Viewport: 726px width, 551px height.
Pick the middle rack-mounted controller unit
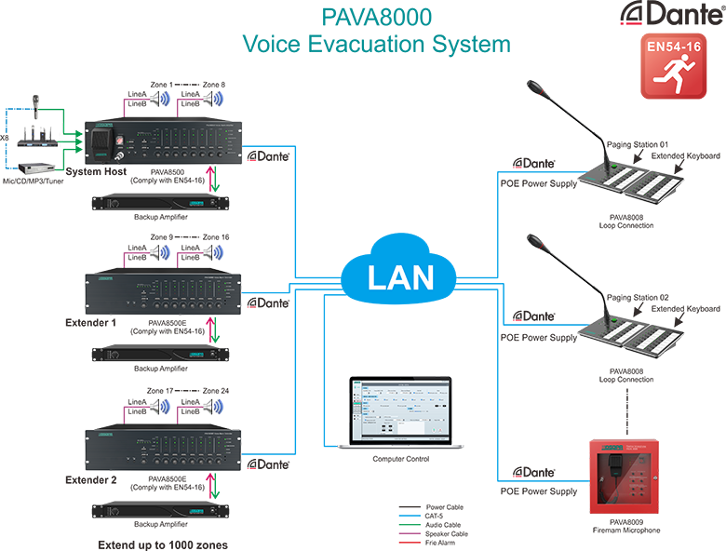[163, 297]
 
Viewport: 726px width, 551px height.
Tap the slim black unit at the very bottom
[163, 515]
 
